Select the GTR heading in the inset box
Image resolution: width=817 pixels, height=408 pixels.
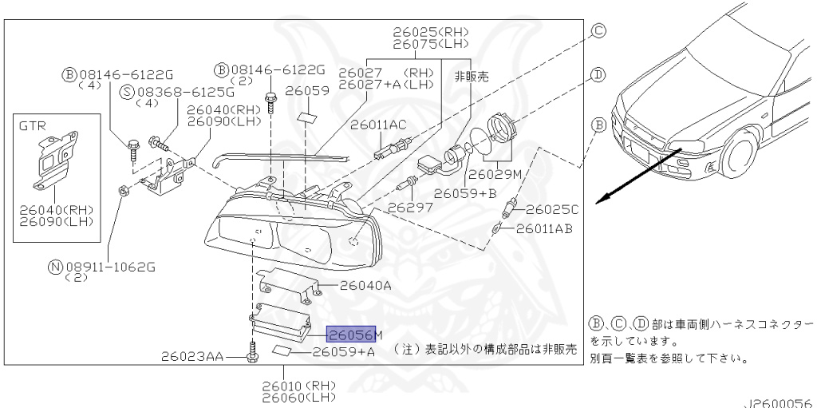(x=32, y=125)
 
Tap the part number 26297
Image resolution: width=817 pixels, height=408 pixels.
(x=409, y=207)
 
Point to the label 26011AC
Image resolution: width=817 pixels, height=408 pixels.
(x=378, y=125)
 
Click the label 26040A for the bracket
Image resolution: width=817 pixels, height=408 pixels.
(x=365, y=286)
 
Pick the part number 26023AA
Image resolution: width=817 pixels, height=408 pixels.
(x=191, y=357)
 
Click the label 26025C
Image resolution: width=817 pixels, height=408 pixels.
(x=552, y=210)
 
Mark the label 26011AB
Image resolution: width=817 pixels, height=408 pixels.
(x=544, y=228)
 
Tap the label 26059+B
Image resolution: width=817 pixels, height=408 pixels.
(x=465, y=193)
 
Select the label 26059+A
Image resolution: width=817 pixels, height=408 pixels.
(x=343, y=351)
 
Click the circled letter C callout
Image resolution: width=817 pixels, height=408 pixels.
(x=598, y=31)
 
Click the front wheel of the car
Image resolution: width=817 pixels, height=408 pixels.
(x=738, y=154)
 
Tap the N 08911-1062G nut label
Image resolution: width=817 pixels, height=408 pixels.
(x=102, y=267)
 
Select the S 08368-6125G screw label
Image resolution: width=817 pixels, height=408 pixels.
(x=177, y=93)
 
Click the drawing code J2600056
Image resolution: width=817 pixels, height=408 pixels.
(x=780, y=402)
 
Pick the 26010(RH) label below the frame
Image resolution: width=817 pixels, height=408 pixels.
(x=298, y=386)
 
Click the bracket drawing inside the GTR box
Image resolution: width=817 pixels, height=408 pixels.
(x=55, y=160)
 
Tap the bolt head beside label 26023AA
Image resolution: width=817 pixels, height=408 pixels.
(x=252, y=357)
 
